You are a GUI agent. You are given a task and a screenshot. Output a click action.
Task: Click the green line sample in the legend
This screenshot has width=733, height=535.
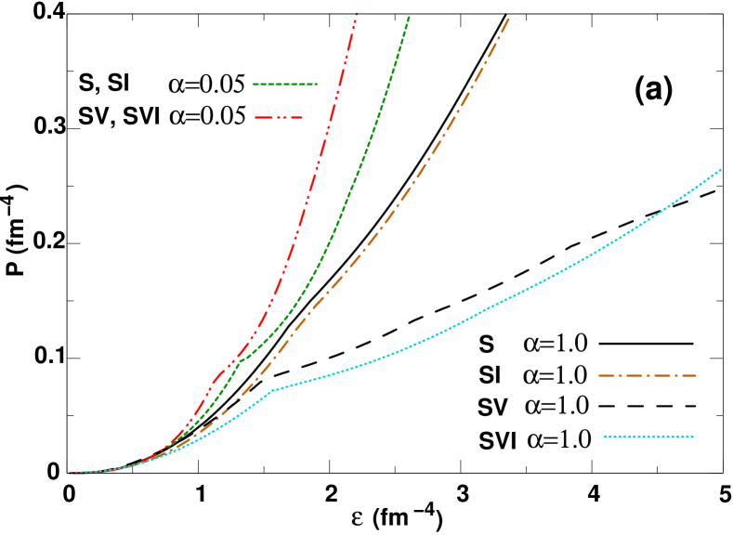285,85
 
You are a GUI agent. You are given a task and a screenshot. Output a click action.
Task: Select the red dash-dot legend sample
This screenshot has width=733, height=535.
279,118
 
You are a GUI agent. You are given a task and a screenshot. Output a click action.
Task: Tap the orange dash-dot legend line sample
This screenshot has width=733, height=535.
647,376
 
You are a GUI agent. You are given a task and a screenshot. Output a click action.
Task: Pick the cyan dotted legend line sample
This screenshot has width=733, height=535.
648,437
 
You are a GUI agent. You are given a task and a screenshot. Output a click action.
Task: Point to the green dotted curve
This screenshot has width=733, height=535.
353,186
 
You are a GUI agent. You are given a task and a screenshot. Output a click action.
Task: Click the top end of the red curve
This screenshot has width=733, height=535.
357,13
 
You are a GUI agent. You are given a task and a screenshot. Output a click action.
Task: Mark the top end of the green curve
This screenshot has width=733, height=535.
409,17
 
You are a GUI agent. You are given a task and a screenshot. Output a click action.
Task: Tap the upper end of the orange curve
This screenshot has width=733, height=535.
509,17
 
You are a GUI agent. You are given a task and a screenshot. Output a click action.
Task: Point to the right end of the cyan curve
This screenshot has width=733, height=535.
722,169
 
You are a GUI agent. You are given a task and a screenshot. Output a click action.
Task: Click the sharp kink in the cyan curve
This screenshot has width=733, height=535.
270,390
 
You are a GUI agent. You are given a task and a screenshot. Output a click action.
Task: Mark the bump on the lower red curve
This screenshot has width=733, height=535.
216,378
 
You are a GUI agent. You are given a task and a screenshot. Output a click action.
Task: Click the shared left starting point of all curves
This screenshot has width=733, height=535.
71,473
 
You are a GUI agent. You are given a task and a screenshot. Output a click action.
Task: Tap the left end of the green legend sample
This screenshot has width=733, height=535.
254,85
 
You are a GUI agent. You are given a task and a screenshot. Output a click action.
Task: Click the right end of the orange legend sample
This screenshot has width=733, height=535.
696,376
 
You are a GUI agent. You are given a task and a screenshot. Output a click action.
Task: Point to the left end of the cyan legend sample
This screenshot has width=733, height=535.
604,437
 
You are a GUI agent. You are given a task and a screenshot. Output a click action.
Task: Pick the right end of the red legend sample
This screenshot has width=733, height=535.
303,118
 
